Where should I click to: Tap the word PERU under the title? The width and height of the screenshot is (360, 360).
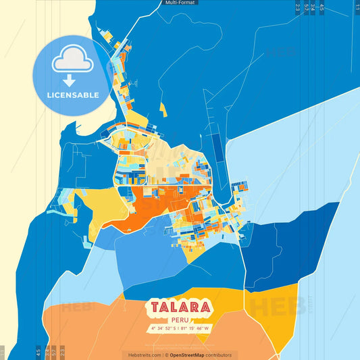coord(180,320)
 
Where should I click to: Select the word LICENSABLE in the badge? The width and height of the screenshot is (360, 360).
coord(73,95)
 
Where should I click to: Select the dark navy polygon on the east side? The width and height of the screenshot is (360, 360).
coord(297,236)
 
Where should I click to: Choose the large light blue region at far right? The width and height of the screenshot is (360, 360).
coord(304,169)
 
